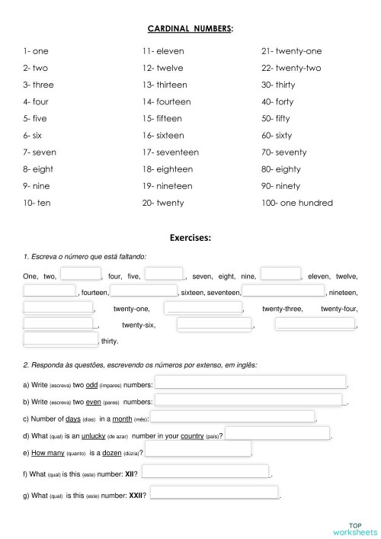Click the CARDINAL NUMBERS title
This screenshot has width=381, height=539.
190,29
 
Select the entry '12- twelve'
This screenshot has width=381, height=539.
162,68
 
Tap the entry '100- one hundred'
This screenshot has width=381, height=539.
296,203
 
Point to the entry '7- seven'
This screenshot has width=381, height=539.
40,152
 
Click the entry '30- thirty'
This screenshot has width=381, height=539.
278,85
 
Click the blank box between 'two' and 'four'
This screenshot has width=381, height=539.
81,274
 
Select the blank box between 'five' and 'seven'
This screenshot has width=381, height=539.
164,274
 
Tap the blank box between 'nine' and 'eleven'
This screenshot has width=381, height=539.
280,274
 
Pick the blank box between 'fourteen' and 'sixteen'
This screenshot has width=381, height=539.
144,291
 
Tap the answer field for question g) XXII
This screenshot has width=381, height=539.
214,494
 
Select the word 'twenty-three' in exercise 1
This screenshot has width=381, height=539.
283,309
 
